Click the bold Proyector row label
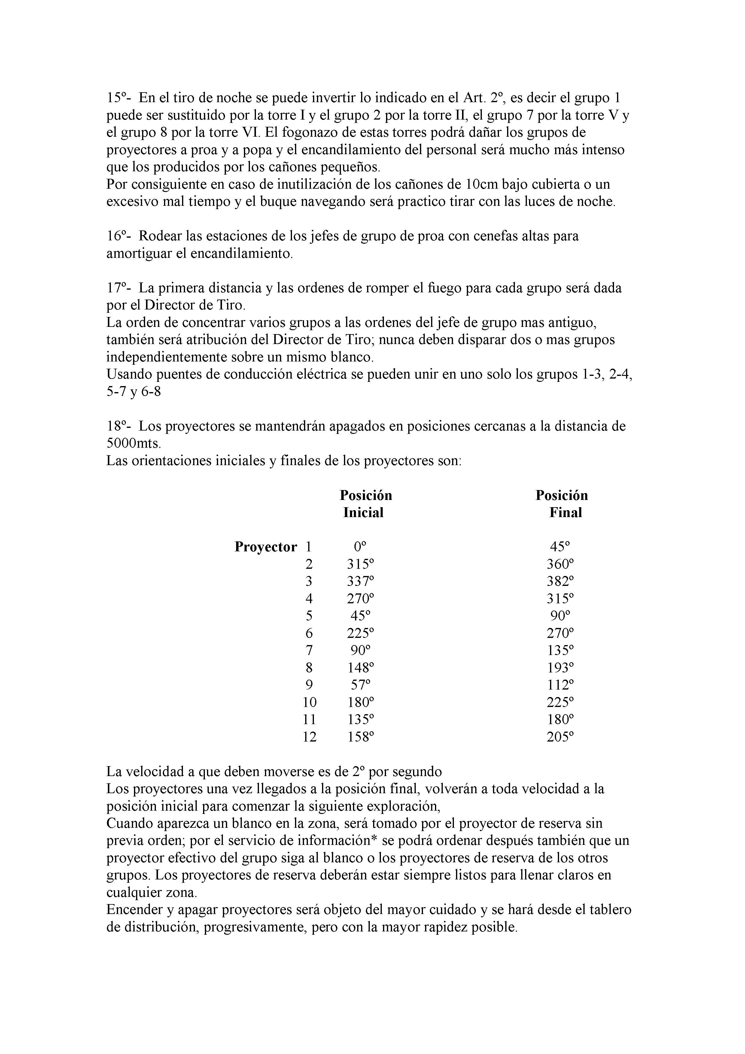click(x=266, y=547)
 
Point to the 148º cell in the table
click(x=360, y=668)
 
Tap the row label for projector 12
click(x=309, y=737)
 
